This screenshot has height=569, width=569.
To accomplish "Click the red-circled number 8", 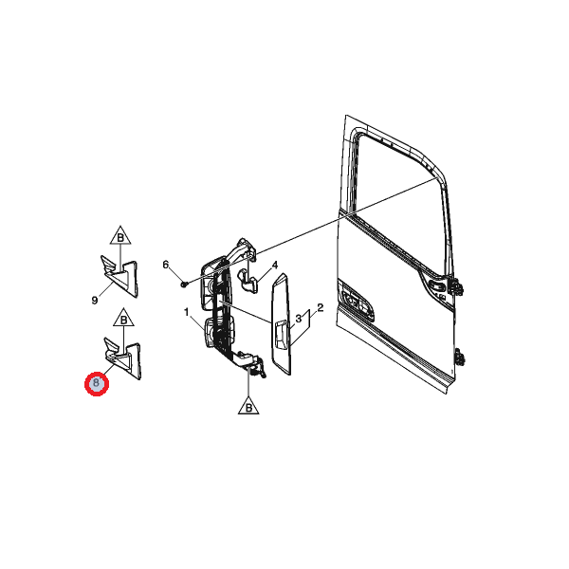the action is (96, 383).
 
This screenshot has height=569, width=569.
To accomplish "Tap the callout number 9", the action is (95, 301).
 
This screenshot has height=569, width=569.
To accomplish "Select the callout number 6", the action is (165, 265).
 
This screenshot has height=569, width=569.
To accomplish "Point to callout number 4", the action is (275, 266).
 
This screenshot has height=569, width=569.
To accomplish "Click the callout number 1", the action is (187, 312).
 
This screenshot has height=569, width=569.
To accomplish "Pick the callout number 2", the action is (321, 308).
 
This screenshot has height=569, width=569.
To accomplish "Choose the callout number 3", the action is (299, 319).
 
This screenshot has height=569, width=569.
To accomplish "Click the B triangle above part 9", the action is (120, 236).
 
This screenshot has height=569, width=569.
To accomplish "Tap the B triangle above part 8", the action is (123, 318).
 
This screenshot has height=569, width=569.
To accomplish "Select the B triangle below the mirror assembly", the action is (248, 406).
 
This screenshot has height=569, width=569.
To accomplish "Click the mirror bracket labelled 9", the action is (119, 277).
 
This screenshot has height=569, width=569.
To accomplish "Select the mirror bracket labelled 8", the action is (122, 358).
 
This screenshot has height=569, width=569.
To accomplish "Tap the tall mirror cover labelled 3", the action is (282, 324).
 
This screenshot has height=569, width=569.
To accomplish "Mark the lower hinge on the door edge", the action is (459, 357).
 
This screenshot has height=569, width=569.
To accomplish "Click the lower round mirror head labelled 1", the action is (211, 332).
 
